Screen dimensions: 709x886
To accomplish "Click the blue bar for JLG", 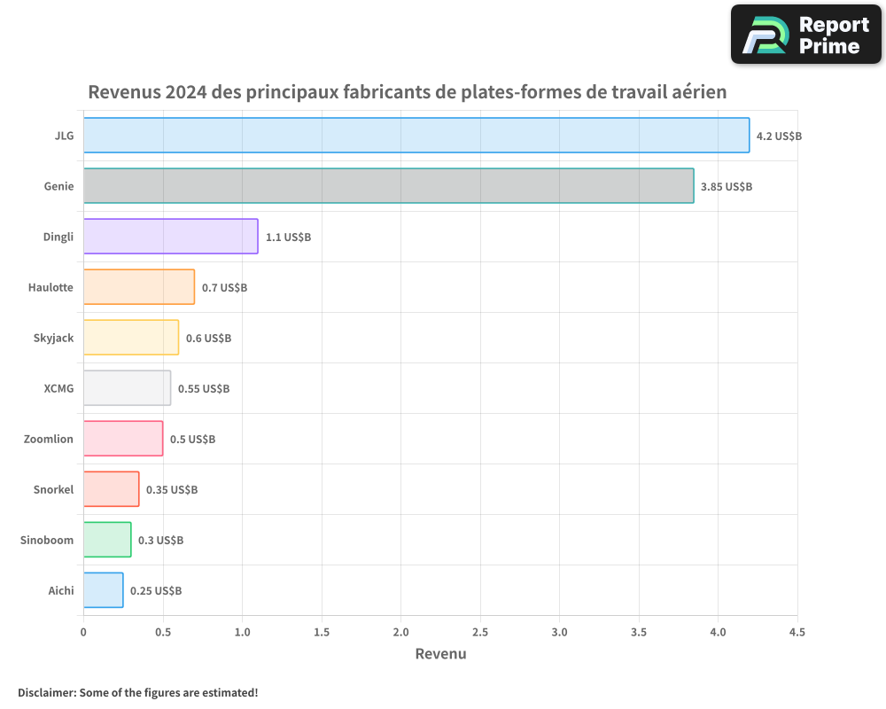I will point(416,136).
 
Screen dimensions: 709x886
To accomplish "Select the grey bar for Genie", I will point(389,186).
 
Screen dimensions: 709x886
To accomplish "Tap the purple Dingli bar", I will point(171,237).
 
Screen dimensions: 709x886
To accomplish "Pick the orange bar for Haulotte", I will point(139,287).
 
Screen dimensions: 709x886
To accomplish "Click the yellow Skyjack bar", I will point(131,338).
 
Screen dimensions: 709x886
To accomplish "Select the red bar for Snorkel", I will point(112,489).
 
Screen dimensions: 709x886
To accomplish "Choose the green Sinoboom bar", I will point(107,540).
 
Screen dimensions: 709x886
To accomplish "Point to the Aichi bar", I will point(104,590).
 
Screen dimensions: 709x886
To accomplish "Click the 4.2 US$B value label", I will point(779,136).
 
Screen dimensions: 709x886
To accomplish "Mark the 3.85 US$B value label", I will point(726,187).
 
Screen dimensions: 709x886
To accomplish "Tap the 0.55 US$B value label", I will point(204,389).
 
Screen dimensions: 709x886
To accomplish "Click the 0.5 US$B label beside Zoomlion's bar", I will point(192,440).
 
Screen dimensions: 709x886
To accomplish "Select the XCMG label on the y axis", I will point(58,388).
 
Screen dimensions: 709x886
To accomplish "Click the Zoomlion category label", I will point(49,439).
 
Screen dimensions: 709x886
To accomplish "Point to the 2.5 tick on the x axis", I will point(480,633).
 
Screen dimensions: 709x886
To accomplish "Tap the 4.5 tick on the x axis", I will point(797,633).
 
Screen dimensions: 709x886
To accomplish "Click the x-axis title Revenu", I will point(440,654).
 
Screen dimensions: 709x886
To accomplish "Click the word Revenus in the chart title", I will point(124,92).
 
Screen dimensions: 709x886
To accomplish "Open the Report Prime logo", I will point(805,35).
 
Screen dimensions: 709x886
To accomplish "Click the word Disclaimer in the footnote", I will point(45,692).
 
